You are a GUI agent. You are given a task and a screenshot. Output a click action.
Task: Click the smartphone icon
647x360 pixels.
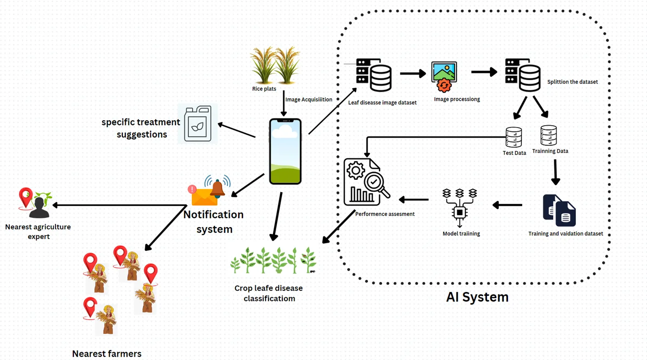[285, 151]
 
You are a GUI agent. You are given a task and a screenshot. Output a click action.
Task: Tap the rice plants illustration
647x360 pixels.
[275, 65]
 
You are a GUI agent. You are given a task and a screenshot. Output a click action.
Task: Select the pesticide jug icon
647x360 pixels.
[198, 124]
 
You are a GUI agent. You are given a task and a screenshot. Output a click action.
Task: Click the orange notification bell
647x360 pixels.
[217, 188]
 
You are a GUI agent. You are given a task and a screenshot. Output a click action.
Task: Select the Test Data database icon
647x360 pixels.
[513, 137]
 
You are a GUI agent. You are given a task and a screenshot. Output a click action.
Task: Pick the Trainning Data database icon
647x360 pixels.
[548, 135]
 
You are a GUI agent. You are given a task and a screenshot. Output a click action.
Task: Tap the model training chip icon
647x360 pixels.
[460, 207]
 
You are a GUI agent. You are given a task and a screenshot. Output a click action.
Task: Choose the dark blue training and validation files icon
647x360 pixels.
[559, 210]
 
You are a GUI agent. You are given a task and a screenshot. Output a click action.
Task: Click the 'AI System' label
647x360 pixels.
[477, 297]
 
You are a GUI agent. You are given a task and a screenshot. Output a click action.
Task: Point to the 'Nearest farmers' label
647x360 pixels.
[106, 354]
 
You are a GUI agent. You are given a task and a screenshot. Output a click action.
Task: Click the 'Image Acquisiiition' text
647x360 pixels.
[308, 100]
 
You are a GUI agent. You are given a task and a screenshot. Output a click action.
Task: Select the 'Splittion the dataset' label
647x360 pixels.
[572, 82]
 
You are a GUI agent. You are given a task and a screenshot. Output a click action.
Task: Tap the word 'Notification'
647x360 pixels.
[213, 215]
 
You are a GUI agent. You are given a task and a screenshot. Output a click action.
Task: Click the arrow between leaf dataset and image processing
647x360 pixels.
[413, 73]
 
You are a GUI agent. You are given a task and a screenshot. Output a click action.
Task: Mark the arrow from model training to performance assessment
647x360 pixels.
[414, 199]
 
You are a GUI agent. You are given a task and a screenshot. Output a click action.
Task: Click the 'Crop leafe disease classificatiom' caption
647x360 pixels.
[269, 294]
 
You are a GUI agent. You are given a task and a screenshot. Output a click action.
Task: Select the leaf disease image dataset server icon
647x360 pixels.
[374, 75]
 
